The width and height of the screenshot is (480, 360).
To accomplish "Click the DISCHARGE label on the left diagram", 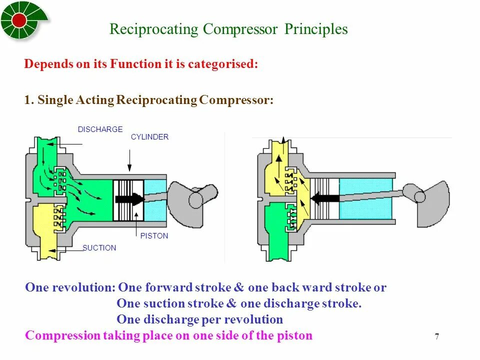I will (100, 129).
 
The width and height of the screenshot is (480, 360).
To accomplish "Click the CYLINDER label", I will (149, 137).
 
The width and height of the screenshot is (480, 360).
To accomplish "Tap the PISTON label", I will (154, 236).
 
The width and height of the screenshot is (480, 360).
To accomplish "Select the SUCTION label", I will (99, 248).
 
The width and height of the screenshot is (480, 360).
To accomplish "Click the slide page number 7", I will (436, 336).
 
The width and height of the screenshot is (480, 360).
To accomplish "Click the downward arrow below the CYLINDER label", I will (129, 162).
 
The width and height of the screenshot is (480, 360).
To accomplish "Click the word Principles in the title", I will (316, 29).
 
